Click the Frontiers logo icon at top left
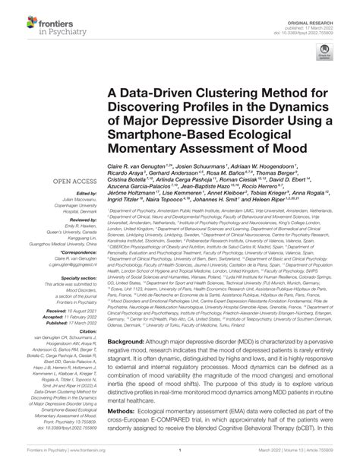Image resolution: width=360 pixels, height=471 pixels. [15, 16]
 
